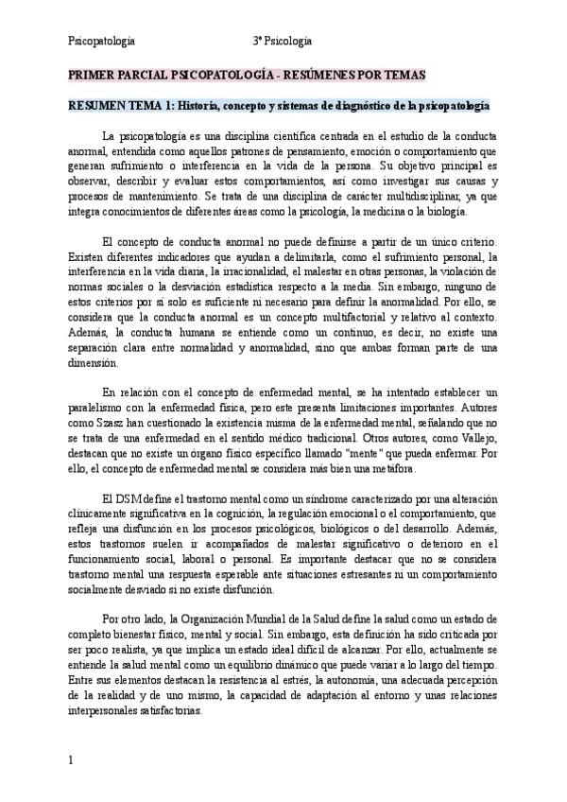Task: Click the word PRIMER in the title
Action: pyautogui.click(x=91, y=74)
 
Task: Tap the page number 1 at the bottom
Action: pyautogui.click(x=72, y=759)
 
